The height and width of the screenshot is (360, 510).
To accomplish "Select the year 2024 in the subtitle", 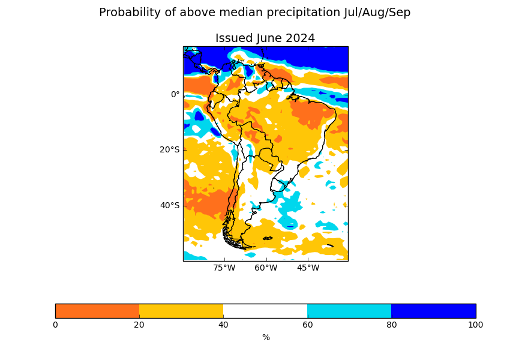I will pyautogui.click(x=300, y=38).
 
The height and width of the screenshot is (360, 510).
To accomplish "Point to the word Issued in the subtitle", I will pyautogui.click(x=233, y=38).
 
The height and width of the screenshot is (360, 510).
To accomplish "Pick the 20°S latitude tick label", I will pyautogui.click(x=169, y=149).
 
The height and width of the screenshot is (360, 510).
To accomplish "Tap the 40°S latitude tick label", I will pyautogui.click(x=169, y=205).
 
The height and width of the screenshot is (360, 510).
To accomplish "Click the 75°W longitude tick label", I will pyautogui.click(x=224, y=268).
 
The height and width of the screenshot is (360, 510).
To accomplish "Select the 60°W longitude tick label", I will pyautogui.click(x=266, y=268).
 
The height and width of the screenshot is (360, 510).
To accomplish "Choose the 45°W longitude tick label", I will pyautogui.click(x=308, y=268).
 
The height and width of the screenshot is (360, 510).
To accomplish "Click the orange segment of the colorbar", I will pyautogui.click(x=97, y=311).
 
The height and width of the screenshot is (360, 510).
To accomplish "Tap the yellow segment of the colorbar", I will pyautogui.click(x=181, y=311).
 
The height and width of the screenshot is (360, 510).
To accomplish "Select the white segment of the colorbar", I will pyautogui.click(x=265, y=311).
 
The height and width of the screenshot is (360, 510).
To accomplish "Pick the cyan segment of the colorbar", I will pyautogui.click(x=349, y=311).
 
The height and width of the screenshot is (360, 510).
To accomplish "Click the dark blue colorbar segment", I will pyautogui.click(x=433, y=311).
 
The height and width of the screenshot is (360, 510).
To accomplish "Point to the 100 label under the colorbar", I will pyautogui.click(x=475, y=325).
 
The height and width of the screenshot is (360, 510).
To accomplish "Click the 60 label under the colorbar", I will pyautogui.click(x=307, y=325).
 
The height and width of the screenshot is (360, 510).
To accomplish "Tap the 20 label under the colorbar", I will pyautogui.click(x=139, y=325).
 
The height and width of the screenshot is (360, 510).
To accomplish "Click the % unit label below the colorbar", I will pyautogui.click(x=266, y=338).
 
